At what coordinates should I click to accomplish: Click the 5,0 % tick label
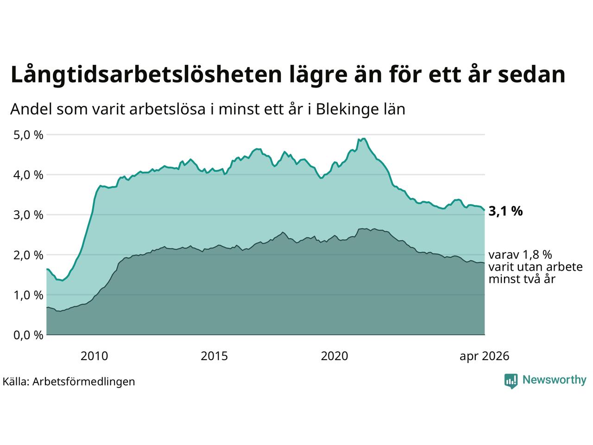pyautogui.click(x=28, y=135)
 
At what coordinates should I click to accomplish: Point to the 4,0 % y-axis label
pyautogui.click(x=28, y=175)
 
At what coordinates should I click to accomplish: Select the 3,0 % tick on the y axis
pyautogui.click(x=28, y=215)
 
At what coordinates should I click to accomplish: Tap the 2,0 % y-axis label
pyautogui.click(x=28, y=255)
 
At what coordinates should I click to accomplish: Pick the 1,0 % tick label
pyautogui.click(x=28, y=295)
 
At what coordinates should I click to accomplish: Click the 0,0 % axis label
pyautogui.click(x=28, y=335)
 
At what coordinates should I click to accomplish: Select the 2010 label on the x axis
pyautogui.click(x=95, y=356)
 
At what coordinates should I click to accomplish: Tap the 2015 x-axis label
pyautogui.click(x=214, y=356)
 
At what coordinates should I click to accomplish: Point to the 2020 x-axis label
pyautogui.click(x=334, y=356)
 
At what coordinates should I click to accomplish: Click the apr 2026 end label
pyautogui.click(x=485, y=356)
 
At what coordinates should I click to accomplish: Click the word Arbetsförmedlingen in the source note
pyautogui.click(x=84, y=382)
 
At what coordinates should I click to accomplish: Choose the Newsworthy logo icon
pyautogui.click(x=511, y=381)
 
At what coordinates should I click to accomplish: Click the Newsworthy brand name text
pyautogui.click(x=555, y=380)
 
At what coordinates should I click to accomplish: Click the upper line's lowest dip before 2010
pyautogui.click(x=63, y=280)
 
